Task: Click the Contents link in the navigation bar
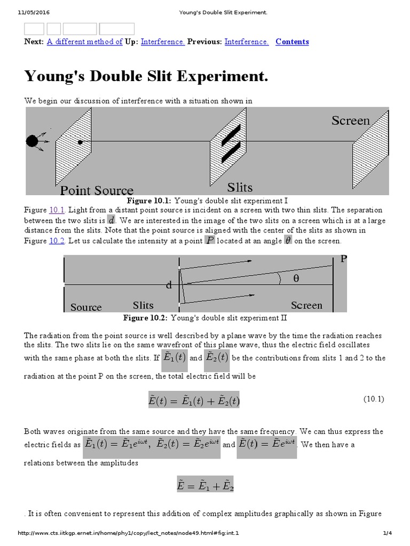pyautogui.click(x=292, y=42)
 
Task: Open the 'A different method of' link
pyautogui.click(x=84, y=42)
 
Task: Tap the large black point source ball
pyautogui.click(x=32, y=141)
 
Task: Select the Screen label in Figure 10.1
pyautogui.click(x=351, y=121)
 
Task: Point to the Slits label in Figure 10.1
pyautogui.click(x=240, y=187)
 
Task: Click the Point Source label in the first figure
pyautogui.click(x=97, y=190)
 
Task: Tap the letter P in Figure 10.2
pyautogui.click(x=343, y=260)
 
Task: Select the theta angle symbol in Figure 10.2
pyautogui.click(x=296, y=278)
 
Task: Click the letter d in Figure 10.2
pyautogui.click(x=169, y=285)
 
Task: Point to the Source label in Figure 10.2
pyautogui.click(x=86, y=307)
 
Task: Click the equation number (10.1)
pyautogui.click(x=374, y=399)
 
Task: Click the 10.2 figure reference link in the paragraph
pyautogui.click(x=57, y=240)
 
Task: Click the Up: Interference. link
pyautogui.click(x=163, y=42)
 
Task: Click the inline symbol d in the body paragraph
pyautogui.click(x=111, y=220)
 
